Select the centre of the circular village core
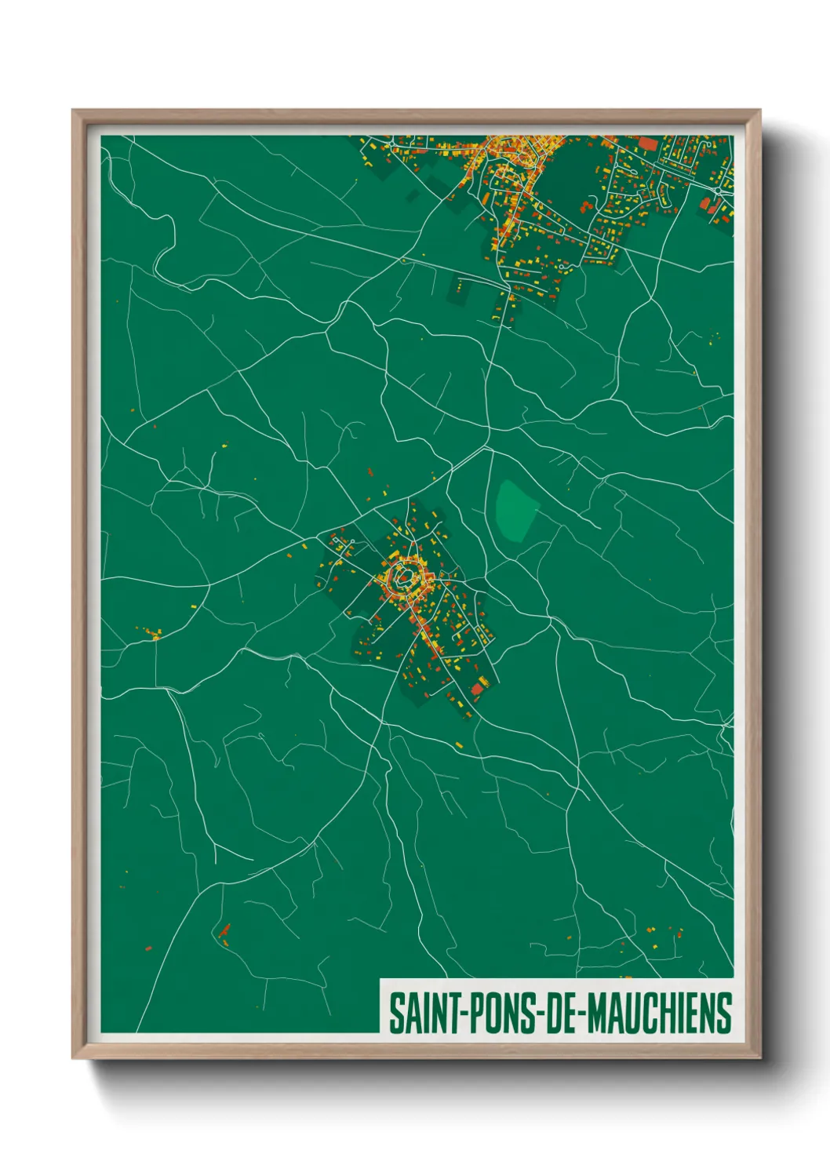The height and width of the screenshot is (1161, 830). [x=405, y=579]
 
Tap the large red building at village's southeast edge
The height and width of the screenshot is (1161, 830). [x=477, y=689]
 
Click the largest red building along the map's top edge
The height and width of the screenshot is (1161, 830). [x=648, y=144]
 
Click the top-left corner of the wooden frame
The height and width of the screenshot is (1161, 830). [x=73, y=111]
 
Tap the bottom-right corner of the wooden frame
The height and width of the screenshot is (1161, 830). [x=759, y=1058]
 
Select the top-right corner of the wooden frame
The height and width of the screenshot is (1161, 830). [x=759, y=111]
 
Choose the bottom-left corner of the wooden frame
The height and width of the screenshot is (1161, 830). [x=73, y=1058]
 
